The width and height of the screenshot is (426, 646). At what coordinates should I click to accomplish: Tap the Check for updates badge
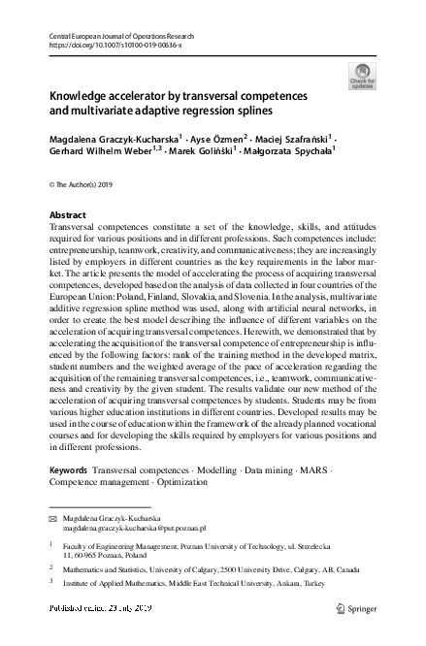click(362, 76)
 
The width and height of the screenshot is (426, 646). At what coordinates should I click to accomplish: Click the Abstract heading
click(67, 214)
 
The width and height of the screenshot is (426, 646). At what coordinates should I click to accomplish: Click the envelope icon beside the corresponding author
click(53, 520)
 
